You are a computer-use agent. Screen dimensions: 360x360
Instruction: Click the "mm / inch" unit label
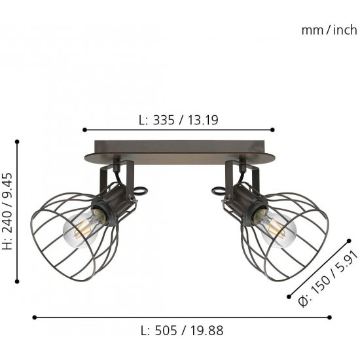[329, 30]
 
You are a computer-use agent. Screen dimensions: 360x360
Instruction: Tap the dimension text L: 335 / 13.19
[179, 120]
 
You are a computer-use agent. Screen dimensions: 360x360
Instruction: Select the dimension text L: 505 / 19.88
[182, 331]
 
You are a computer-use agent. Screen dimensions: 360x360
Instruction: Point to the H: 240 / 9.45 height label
[7, 211]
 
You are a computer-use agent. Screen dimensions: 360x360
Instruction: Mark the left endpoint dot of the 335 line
[84, 130]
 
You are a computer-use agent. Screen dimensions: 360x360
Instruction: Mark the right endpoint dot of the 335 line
[272, 130]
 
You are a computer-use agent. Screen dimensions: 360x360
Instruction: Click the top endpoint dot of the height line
[17, 142]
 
